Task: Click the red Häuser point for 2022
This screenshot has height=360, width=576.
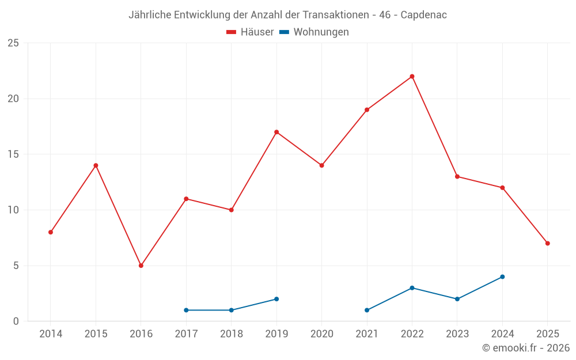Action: click(412, 77)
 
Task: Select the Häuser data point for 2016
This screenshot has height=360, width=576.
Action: click(141, 266)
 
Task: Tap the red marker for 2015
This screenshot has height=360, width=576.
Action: click(96, 165)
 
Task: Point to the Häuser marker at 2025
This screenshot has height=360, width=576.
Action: click(547, 243)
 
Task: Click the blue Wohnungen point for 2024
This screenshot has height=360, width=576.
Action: click(502, 276)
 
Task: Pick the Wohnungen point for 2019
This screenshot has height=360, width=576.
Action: click(276, 299)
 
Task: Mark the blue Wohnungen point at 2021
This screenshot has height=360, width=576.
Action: click(367, 310)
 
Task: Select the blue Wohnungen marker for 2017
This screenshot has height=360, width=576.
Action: click(186, 310)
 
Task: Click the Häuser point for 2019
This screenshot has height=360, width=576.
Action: click(276, 132)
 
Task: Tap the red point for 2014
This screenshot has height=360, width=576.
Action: click(51, 232)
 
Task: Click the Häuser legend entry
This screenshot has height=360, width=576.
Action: click(250, 32)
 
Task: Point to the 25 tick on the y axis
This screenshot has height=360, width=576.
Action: click(13, 43)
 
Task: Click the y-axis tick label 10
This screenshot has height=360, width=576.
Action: click(13, 210)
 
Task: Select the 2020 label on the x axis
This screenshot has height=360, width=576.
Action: click(321, 334)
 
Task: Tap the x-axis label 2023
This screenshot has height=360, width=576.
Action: click(457, 334)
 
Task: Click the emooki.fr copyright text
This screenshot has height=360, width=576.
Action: click(526, 348)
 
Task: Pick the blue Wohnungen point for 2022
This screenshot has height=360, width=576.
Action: click(412, 288)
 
